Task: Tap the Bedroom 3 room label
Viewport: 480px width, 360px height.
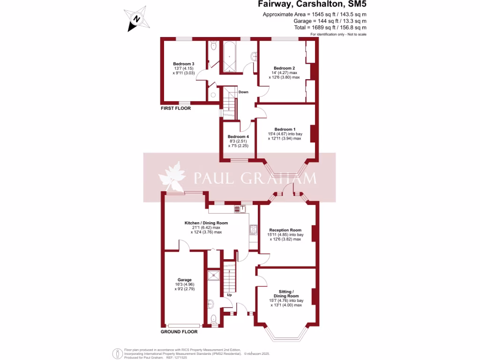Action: click(183, 64)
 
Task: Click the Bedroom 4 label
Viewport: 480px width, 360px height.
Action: click(239, 137)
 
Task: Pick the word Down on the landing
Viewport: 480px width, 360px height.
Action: click(243, 92)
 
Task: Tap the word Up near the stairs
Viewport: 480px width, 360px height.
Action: click(229, 295)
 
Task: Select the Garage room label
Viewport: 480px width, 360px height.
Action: click(184, 280)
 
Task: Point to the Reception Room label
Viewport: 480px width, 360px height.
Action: click(285, 230)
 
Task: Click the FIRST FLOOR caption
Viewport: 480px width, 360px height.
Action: click(176, 108)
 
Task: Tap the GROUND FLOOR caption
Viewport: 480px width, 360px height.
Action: click(179, 331)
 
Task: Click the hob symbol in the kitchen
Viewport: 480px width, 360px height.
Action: click(254, 229)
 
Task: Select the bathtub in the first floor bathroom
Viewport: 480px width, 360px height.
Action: click(230, 56)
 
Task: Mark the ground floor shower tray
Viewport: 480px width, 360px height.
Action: click(214, 275)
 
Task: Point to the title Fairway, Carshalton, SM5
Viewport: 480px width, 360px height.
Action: click(312, 5)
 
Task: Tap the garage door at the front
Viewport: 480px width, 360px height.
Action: click(184, 325)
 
